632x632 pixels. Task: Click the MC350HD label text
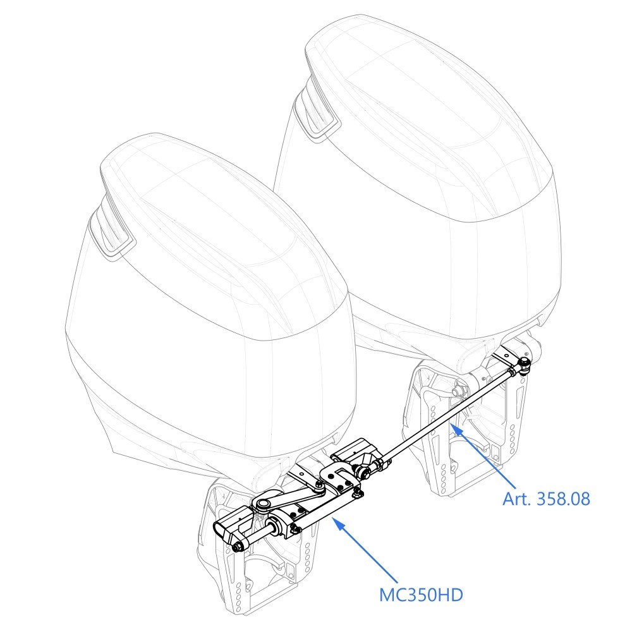pos(421,595)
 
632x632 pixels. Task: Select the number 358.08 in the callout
pos(564,499)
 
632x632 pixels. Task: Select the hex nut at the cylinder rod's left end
pos(237,548)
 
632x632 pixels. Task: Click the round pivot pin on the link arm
pos(262,504)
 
